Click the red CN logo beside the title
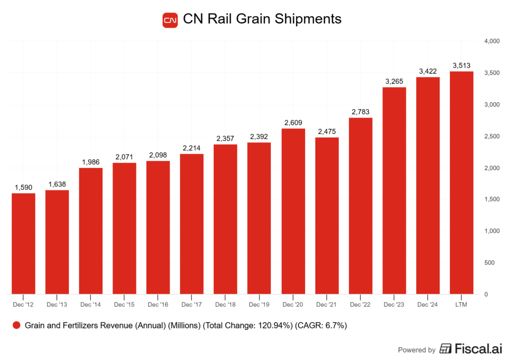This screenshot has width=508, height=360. click(170, 20)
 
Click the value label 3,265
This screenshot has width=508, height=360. click(394, 81)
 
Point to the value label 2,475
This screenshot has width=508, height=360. click(327, 131)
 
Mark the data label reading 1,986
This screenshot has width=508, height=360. click(91, 162)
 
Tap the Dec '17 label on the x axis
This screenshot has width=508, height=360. click(192, 304)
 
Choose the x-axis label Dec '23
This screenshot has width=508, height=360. click(394, 304)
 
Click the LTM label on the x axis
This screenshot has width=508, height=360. click(461, 304)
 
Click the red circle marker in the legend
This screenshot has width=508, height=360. click(16, 326)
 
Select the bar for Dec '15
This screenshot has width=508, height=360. click(125, 228)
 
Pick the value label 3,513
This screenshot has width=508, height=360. click(461, 65)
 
